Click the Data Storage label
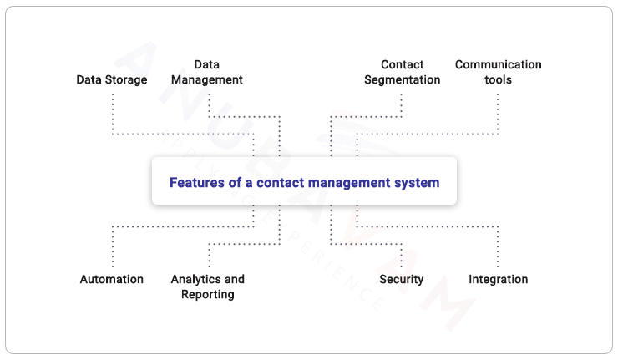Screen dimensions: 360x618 [112, 80]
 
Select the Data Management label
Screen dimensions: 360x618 [206, 72]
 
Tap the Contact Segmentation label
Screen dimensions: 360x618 [402, 72]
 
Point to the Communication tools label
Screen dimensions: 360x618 [498, 72]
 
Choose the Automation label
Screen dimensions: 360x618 [112, 279]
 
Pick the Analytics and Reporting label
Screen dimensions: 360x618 [207, 286]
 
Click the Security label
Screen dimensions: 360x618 [402, 279]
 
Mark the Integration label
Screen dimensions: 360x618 [498, 279]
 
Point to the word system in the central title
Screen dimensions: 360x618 [418, 182]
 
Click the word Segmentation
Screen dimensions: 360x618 [402, 80]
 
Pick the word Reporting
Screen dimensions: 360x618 [207, 294]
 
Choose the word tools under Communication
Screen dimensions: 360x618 [498, 80]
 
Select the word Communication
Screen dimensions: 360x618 [498, 64]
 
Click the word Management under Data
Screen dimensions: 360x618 [206, 80]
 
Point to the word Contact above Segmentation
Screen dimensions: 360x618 [402, 64]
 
